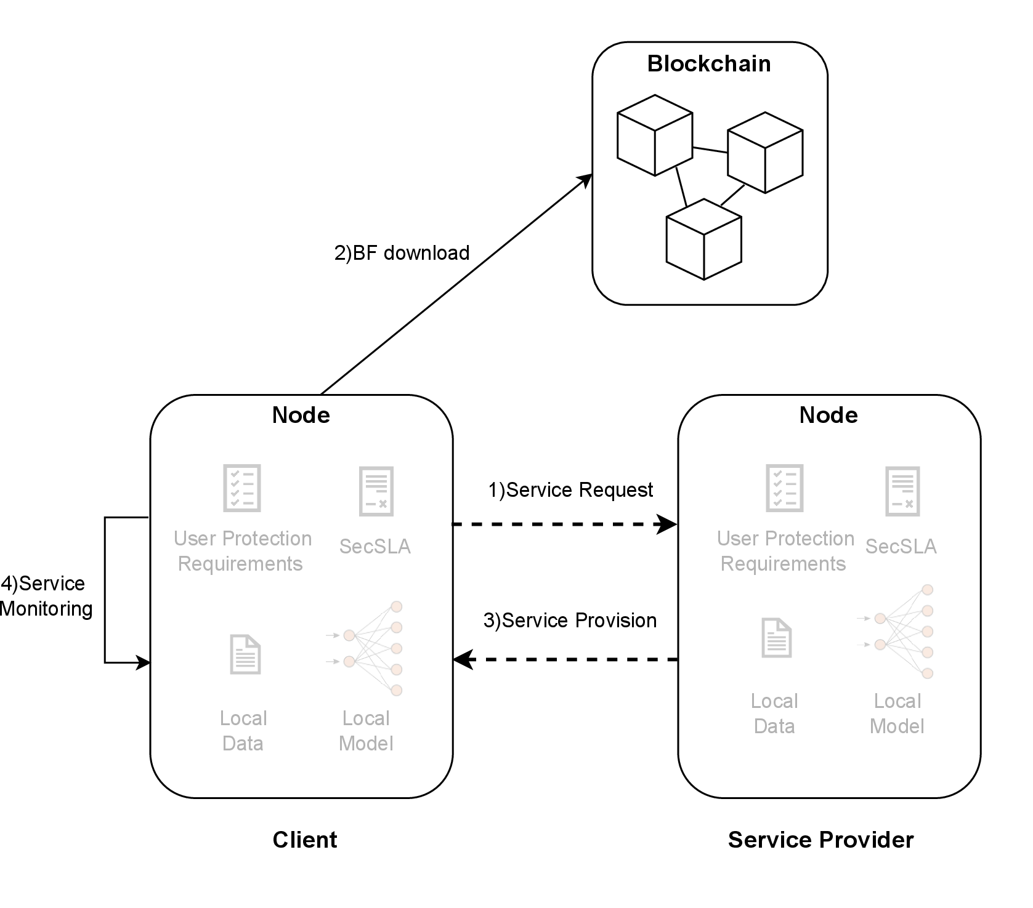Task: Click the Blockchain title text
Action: (x=709, y=64)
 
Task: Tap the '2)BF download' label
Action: (x=402, y=253)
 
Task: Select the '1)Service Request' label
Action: (x=570, y=490)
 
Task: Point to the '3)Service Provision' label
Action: (x=570, y=621)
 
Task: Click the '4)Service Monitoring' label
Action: (x=46, y=596)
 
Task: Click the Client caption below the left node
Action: (x=305, y=840)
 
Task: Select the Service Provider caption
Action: (x=820, y=840)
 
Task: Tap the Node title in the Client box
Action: (x=301, y=415)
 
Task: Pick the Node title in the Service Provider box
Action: (x=828, y=415)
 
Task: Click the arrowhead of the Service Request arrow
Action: (x=668, y=524)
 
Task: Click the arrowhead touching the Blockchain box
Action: (x=584, y=181)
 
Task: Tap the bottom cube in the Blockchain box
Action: (x=703, y=239)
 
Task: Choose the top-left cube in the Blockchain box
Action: (x=655, y=135)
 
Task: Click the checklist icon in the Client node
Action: (x=242, y=488)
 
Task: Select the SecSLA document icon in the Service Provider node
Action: (x=902, y=491)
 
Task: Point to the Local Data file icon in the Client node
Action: (x=245, y=654)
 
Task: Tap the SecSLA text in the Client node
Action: (x=375, y=547)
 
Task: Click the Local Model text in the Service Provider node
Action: (x=897, y=713)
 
